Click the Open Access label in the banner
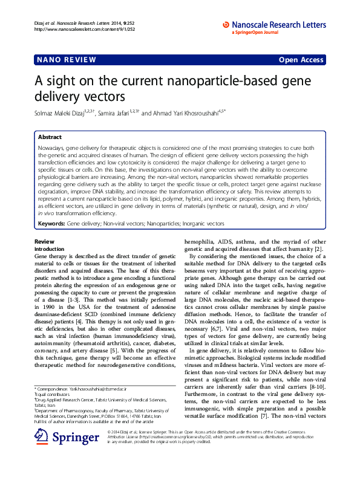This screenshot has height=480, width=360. coord(303,60)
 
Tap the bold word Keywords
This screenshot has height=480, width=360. coord(51,223)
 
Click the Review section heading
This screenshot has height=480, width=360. coord(45,242)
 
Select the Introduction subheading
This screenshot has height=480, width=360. coord(49,248)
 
